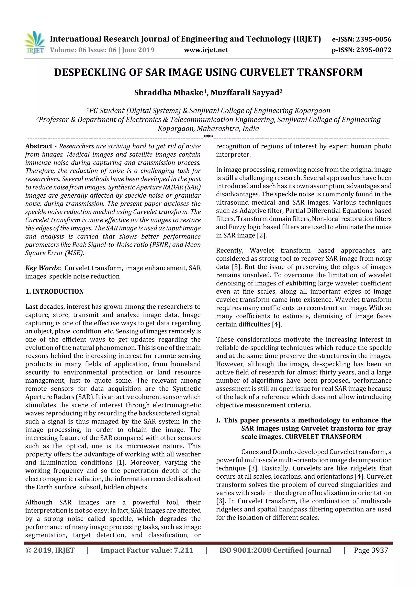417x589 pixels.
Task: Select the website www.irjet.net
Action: pyautogui.click(x=206, y=50)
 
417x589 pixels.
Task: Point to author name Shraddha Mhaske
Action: pyautogui.click(x=169, y=93)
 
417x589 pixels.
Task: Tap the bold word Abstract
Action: pyautogui.click(x=39, y=146)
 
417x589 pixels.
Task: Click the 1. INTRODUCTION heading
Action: pyautogui.click(x=55, y=291)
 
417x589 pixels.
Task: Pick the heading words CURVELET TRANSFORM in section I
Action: pyautogui.click(x=323, y=437)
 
